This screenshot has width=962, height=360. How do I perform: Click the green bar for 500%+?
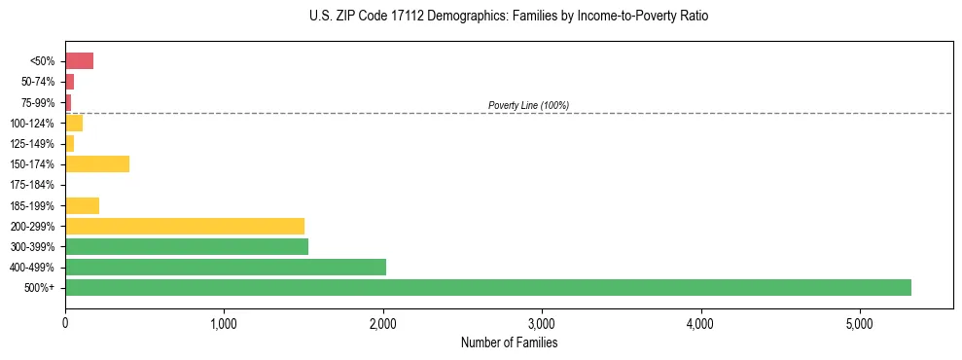click(x=487, y=287)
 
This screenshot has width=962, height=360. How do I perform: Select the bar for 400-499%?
click(x=226, y=267)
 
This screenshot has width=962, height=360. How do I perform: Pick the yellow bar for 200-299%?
click(x=185, y=226)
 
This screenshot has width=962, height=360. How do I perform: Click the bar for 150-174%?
click(x=97, y=163)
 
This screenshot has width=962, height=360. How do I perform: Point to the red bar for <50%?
click(x=79, y=61)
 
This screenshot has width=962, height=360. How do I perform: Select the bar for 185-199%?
click(x=83, y=205)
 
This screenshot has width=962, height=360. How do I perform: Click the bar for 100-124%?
click(x=74, y=123)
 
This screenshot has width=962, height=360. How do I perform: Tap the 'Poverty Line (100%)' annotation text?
click(x=528, y=105)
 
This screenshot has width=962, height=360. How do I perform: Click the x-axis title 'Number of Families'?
click(x=509, y=342)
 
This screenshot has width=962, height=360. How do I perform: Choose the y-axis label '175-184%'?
click(x=34, y=185)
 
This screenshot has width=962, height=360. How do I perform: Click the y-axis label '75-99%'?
click(x=37, y=102)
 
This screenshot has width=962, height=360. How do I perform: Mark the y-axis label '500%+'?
click(x=40, y=288)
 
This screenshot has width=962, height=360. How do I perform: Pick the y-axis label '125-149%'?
click(x=34, y=144)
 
